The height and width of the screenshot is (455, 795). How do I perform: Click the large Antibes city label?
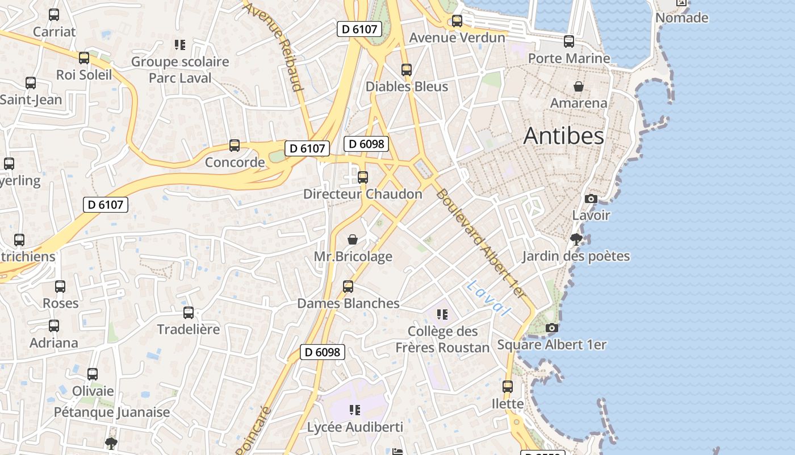(563, 136)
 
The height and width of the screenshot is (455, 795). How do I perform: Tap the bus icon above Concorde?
(235, 146)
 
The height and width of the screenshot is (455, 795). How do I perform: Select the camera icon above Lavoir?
(591, 199)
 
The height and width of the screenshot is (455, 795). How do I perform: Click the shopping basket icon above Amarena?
(579, 86)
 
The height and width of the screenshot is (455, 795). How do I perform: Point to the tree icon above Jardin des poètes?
(576, 239)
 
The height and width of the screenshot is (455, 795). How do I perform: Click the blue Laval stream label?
(488, 297)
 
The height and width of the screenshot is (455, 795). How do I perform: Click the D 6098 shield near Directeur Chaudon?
(366, 144)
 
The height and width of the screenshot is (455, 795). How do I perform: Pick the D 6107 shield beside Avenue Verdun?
(359, 29)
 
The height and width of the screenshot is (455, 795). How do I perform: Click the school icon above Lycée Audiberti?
(355, 410)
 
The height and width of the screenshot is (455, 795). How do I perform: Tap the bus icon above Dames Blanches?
(348, 287)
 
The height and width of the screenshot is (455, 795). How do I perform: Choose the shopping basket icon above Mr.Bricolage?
(353, 239)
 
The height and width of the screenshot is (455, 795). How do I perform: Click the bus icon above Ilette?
(508, 387)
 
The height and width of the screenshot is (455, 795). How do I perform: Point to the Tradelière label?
(188, 329)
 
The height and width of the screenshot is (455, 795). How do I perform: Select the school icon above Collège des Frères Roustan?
(442, 314)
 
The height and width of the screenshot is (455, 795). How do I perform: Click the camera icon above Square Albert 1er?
(551, 328)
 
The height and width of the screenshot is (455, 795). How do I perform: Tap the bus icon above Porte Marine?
(569, 42)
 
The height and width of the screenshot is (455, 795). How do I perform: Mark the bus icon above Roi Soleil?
(84, 58)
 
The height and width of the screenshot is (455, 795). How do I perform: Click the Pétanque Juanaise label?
(112, 412)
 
